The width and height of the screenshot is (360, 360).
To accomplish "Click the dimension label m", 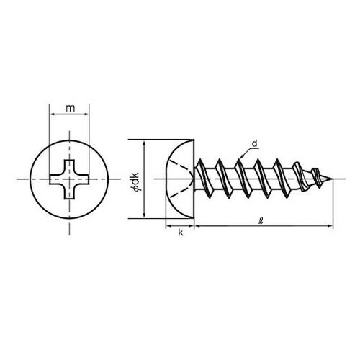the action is (71, 109).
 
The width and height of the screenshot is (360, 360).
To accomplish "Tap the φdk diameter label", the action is (135, 181).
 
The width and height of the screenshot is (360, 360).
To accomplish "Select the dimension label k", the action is (181, 233).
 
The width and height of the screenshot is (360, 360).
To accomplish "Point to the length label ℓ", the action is (261, 220).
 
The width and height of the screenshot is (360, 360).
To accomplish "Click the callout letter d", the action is (254, 143).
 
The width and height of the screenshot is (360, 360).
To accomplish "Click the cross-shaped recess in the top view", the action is (69, 179).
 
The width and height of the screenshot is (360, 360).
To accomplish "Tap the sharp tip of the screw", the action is (333, 179).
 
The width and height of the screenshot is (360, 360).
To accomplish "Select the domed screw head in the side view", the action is (180, 179).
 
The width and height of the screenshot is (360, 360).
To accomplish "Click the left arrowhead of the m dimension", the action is (52, 114).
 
